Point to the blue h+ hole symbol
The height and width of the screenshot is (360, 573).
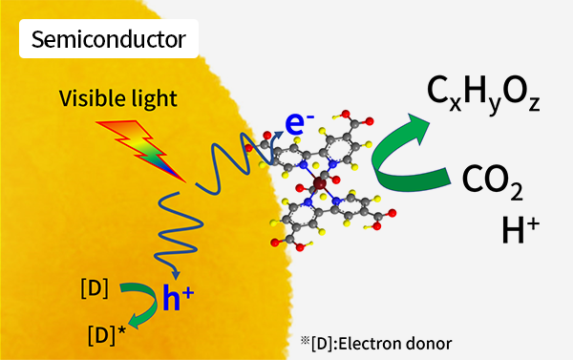point(188,300)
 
